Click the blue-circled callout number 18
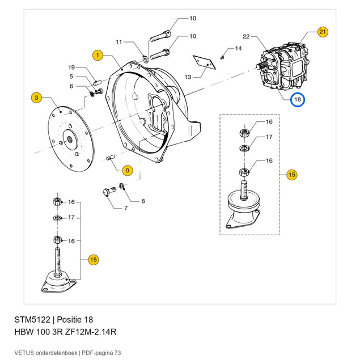(x=297, y=99)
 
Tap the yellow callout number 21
(x=323, y=32)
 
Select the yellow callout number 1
(x=98, y=56)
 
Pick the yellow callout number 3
(x=36, y=98)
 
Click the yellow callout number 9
(x=128, y=171)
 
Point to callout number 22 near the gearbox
(x=246, y=36)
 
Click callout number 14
(x=238, y=48)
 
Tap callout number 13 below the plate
(x=188, y=77)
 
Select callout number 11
(x=118, y=42)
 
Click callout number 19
(x=71, y=67)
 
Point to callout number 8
(x=143, y=201)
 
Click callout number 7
(x=126, y=208)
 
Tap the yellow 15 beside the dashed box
(x=292, y=175)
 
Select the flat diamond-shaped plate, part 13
(x=204, y=62)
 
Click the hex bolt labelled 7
(x=109, y=191)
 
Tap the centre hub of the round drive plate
(x=70, y=139)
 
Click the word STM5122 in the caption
(x=32, y=320)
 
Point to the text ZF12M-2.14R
(x=91, y=332)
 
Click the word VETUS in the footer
(x=24, y=353)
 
